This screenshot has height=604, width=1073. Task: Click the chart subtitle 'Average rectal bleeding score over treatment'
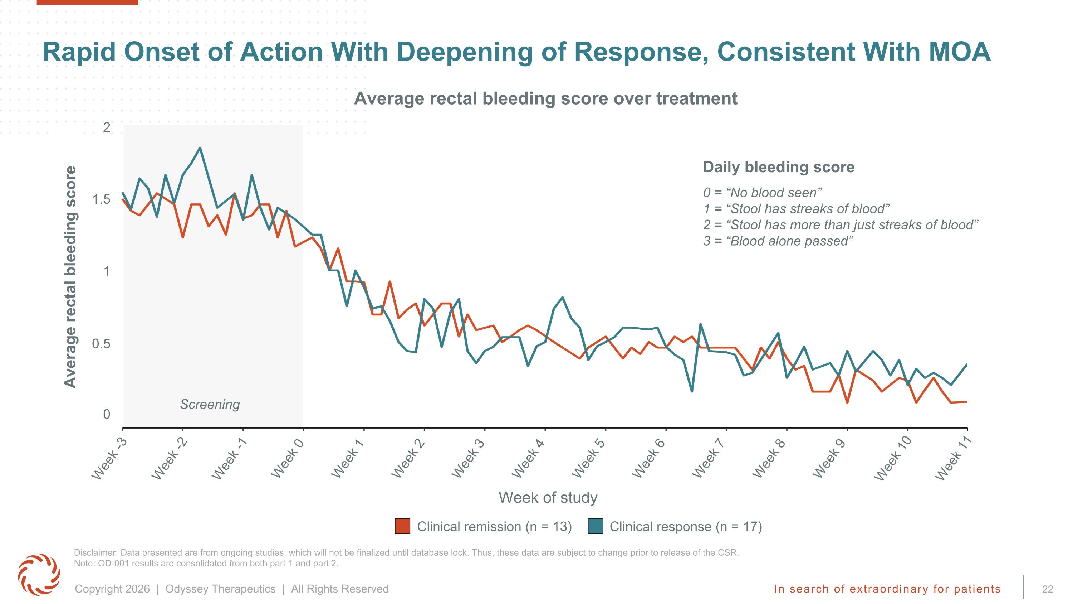point(546,99)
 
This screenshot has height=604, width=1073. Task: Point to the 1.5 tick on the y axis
point(102,199)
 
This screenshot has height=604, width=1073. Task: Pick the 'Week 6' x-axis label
point(648,458)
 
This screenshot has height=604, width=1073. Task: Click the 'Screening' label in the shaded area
point(210,404)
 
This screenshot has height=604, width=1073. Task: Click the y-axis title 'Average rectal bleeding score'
point(70,277)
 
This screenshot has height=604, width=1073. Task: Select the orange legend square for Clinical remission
point(402,526)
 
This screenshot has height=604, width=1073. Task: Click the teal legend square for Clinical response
point(596,526)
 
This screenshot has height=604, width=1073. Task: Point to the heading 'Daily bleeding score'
point(779,167)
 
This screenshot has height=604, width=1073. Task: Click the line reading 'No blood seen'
point(763,193)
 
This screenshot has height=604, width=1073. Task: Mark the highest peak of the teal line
point(200,148)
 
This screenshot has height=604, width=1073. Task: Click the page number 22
point(1048,589)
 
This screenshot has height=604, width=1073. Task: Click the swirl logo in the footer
point(39,574)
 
